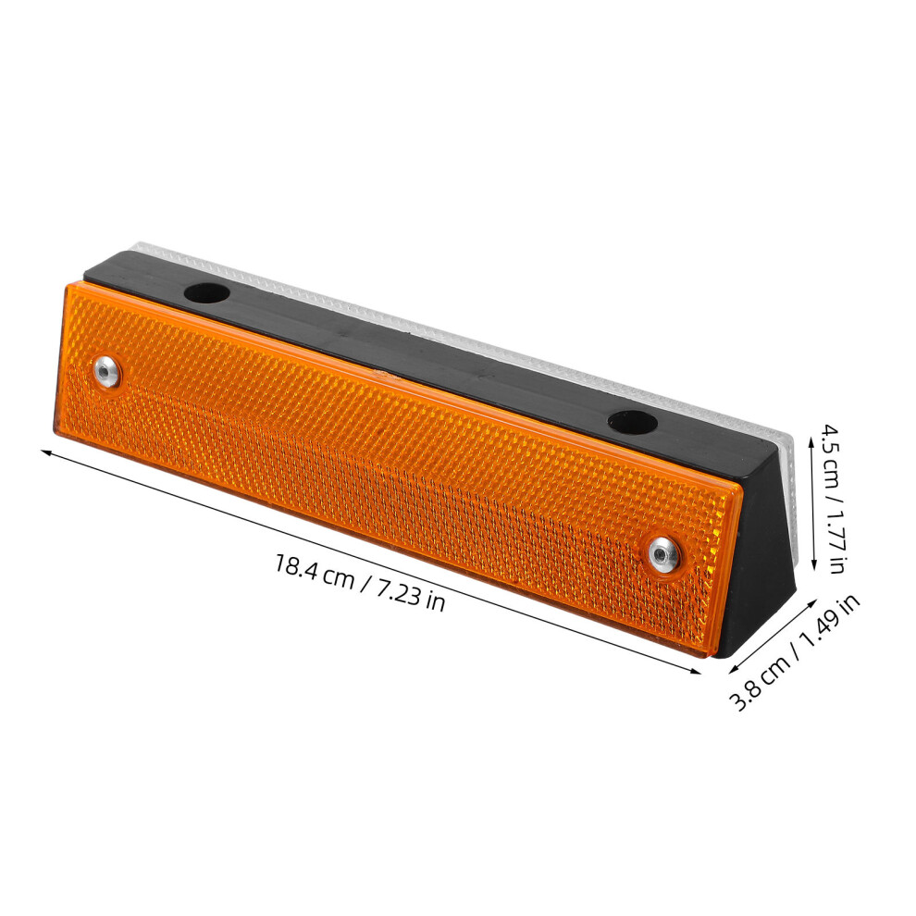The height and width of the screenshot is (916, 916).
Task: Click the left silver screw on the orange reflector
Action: click(107, 371)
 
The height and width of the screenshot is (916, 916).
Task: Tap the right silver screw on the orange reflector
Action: click(663, 554)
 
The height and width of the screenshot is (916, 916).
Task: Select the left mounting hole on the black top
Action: click(206, 292)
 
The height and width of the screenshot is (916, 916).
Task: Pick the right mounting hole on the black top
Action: click(632, 422)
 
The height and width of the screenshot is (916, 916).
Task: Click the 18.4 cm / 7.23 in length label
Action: click(360, 582)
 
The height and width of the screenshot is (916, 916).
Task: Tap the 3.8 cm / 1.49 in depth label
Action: click(796, 652)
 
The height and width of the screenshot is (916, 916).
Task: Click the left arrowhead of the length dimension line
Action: click(45, 452)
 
